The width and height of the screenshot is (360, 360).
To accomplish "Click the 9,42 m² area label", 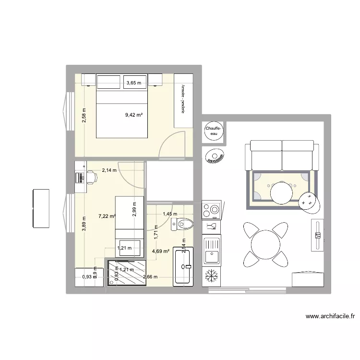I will point(133,115).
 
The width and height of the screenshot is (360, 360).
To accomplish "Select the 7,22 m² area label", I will point(107,216).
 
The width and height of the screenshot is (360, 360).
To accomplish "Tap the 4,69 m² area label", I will point(160,250).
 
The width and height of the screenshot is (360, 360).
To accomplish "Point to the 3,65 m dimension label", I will point(134,83).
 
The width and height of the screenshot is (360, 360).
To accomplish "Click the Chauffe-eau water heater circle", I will point(213,132).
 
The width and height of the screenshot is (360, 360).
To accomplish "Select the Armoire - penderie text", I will point(183,99).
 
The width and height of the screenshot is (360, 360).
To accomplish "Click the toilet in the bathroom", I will point(184,224).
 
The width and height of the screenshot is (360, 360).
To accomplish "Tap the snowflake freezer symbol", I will point(211,276).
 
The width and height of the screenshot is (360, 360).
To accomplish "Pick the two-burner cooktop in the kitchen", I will point(211,210).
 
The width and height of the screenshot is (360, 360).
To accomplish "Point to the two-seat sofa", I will point(282,155).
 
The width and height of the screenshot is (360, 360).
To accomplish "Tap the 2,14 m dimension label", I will point(108,170).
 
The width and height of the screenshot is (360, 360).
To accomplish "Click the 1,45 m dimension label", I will point(169,214).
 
